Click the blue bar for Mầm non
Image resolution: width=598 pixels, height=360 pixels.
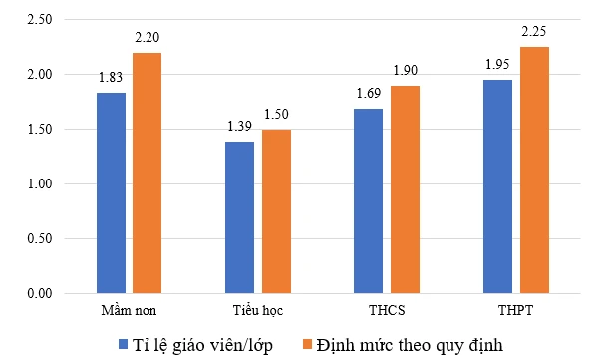click(111, 192)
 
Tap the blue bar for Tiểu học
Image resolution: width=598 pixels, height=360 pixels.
click(239, 217)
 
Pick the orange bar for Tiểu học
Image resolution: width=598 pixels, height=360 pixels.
click(276, 211)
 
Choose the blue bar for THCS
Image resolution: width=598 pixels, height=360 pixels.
click(369, 200)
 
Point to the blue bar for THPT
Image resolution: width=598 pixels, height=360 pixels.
click(497, 186)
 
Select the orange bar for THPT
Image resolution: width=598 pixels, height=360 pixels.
click(533, 170)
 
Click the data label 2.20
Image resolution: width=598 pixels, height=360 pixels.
click(147, 38)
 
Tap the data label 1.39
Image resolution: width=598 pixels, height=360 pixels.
click(239, 128)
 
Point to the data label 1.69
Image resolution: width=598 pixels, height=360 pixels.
click(369, 95)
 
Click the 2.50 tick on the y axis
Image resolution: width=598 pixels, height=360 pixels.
click(41, 20)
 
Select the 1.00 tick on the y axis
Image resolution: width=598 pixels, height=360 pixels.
click(41, 184)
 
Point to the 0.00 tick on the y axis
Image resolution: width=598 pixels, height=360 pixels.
click(41, 294)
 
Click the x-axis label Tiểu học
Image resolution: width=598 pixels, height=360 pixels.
click(257, 311)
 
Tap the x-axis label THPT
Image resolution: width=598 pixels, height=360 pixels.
click(515, 311)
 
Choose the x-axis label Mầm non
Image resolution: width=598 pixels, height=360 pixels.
click(129, 311)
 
